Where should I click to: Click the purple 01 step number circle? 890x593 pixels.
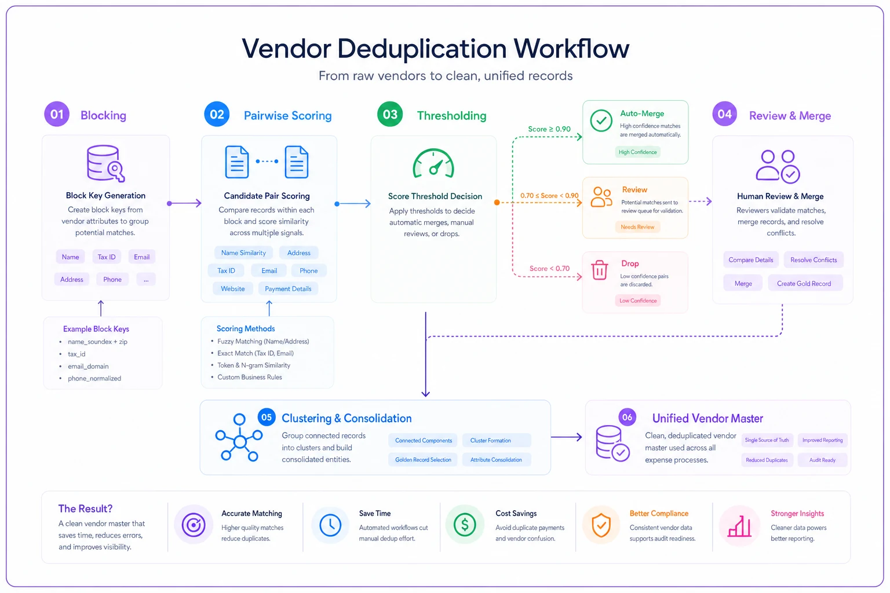point(57,114)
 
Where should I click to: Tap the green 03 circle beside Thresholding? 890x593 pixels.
point(390,115)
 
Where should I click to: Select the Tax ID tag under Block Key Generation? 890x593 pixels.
point(107,257)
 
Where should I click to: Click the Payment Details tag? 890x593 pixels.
point(288,289)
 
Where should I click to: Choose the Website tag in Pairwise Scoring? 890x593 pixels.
point(233,289)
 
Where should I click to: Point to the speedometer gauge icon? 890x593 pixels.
point(433,163)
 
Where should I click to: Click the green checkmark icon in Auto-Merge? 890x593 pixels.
point(601,120)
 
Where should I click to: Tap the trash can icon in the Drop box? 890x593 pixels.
point(600,270)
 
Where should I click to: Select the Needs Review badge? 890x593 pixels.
point(637,227)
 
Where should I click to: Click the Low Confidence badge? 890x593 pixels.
point(638,301)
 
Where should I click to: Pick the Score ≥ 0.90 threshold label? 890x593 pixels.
point(549,129)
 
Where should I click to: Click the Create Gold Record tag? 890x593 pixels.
point(804,284)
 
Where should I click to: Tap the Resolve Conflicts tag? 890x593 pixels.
point(814,260)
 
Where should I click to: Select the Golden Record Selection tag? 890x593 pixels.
point(423,460)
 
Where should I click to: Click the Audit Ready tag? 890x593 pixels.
point(822,460)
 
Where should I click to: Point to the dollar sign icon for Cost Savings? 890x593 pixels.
point(465,525)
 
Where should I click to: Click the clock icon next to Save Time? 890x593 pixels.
point(330,525)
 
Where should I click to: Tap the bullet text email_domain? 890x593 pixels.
point(88,366)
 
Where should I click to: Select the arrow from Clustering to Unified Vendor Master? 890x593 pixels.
point(567,437)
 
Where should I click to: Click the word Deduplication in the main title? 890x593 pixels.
point(422,49)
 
